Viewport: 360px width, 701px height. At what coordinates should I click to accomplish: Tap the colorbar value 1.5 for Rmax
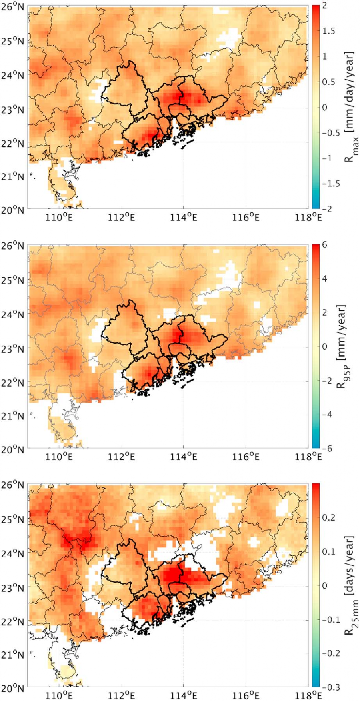[328, 31]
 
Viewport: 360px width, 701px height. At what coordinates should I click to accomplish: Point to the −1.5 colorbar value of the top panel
[331, 184]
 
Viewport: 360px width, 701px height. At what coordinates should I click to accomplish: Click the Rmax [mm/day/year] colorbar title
[349, 106]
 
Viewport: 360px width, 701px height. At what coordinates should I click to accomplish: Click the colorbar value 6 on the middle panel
[324, 245]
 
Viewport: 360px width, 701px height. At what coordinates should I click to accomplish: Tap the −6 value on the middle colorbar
[327, 449]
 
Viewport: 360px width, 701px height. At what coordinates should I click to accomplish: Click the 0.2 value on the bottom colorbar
[328, 518]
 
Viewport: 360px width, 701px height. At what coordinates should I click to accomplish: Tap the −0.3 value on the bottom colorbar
[331, 687]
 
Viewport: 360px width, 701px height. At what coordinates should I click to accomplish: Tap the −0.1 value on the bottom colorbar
[331, 619]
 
